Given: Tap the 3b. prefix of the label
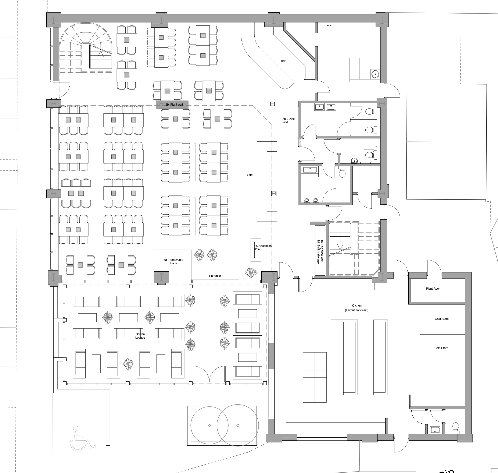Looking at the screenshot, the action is (168, 105).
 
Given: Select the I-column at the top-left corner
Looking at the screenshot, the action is (53, 20).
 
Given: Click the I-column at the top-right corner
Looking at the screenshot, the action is (382, 20).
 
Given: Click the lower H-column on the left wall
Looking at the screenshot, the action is (53, 193).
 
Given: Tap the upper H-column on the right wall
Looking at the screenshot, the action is (382, 103).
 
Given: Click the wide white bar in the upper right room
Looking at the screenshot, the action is (349, 132).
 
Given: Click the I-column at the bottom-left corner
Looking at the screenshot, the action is (53, 277).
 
